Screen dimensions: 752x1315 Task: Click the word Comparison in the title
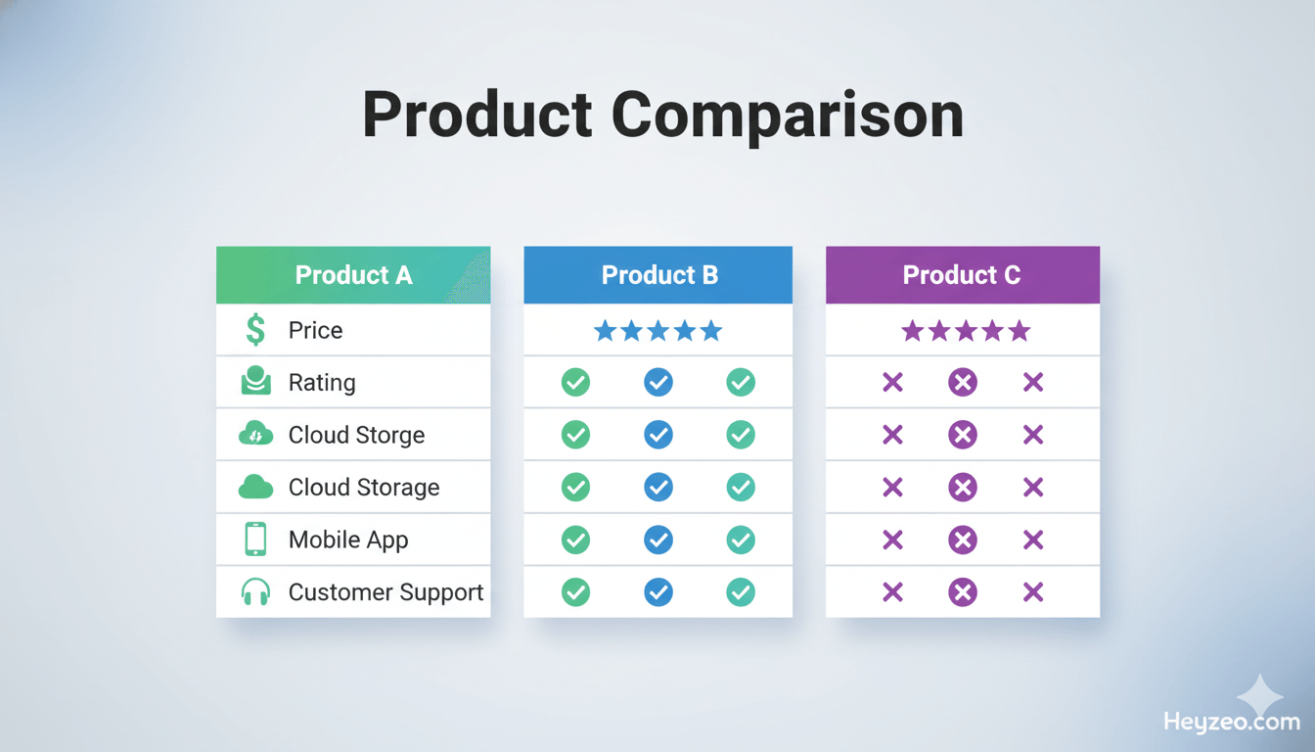(x=788, y=117)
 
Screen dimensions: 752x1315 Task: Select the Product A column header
(x=353, y=275)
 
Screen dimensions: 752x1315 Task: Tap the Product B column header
(x=658, y=275)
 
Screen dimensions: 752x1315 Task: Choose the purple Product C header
(x=962, y=275)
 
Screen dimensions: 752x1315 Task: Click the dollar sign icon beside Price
(x=255, y=330)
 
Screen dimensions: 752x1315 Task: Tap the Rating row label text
(x=322, y=383)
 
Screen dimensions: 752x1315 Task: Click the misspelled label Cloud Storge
(x=356, y=435)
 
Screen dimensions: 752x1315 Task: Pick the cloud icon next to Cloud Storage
(x=255, y=487)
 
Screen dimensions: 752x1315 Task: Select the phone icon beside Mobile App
(x=255, y=540)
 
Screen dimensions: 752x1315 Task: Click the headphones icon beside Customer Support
(x=255, y=592)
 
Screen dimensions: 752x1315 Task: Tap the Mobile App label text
(x=347, y=540)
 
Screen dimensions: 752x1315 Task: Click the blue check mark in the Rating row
(x=658, y=382)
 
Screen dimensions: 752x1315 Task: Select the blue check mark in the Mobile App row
(x=658, y=540)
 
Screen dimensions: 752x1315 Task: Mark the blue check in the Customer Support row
(x=658, y=591)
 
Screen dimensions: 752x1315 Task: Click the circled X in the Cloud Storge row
(x=963, y=435)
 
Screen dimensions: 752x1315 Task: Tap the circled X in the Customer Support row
(x=963, y=591)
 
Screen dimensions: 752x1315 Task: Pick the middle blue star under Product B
(x=658, y=331)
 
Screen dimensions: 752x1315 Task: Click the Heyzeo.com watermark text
(x=1231, y=723)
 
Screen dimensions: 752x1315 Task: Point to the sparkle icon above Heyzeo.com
(x=1259, y=695)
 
